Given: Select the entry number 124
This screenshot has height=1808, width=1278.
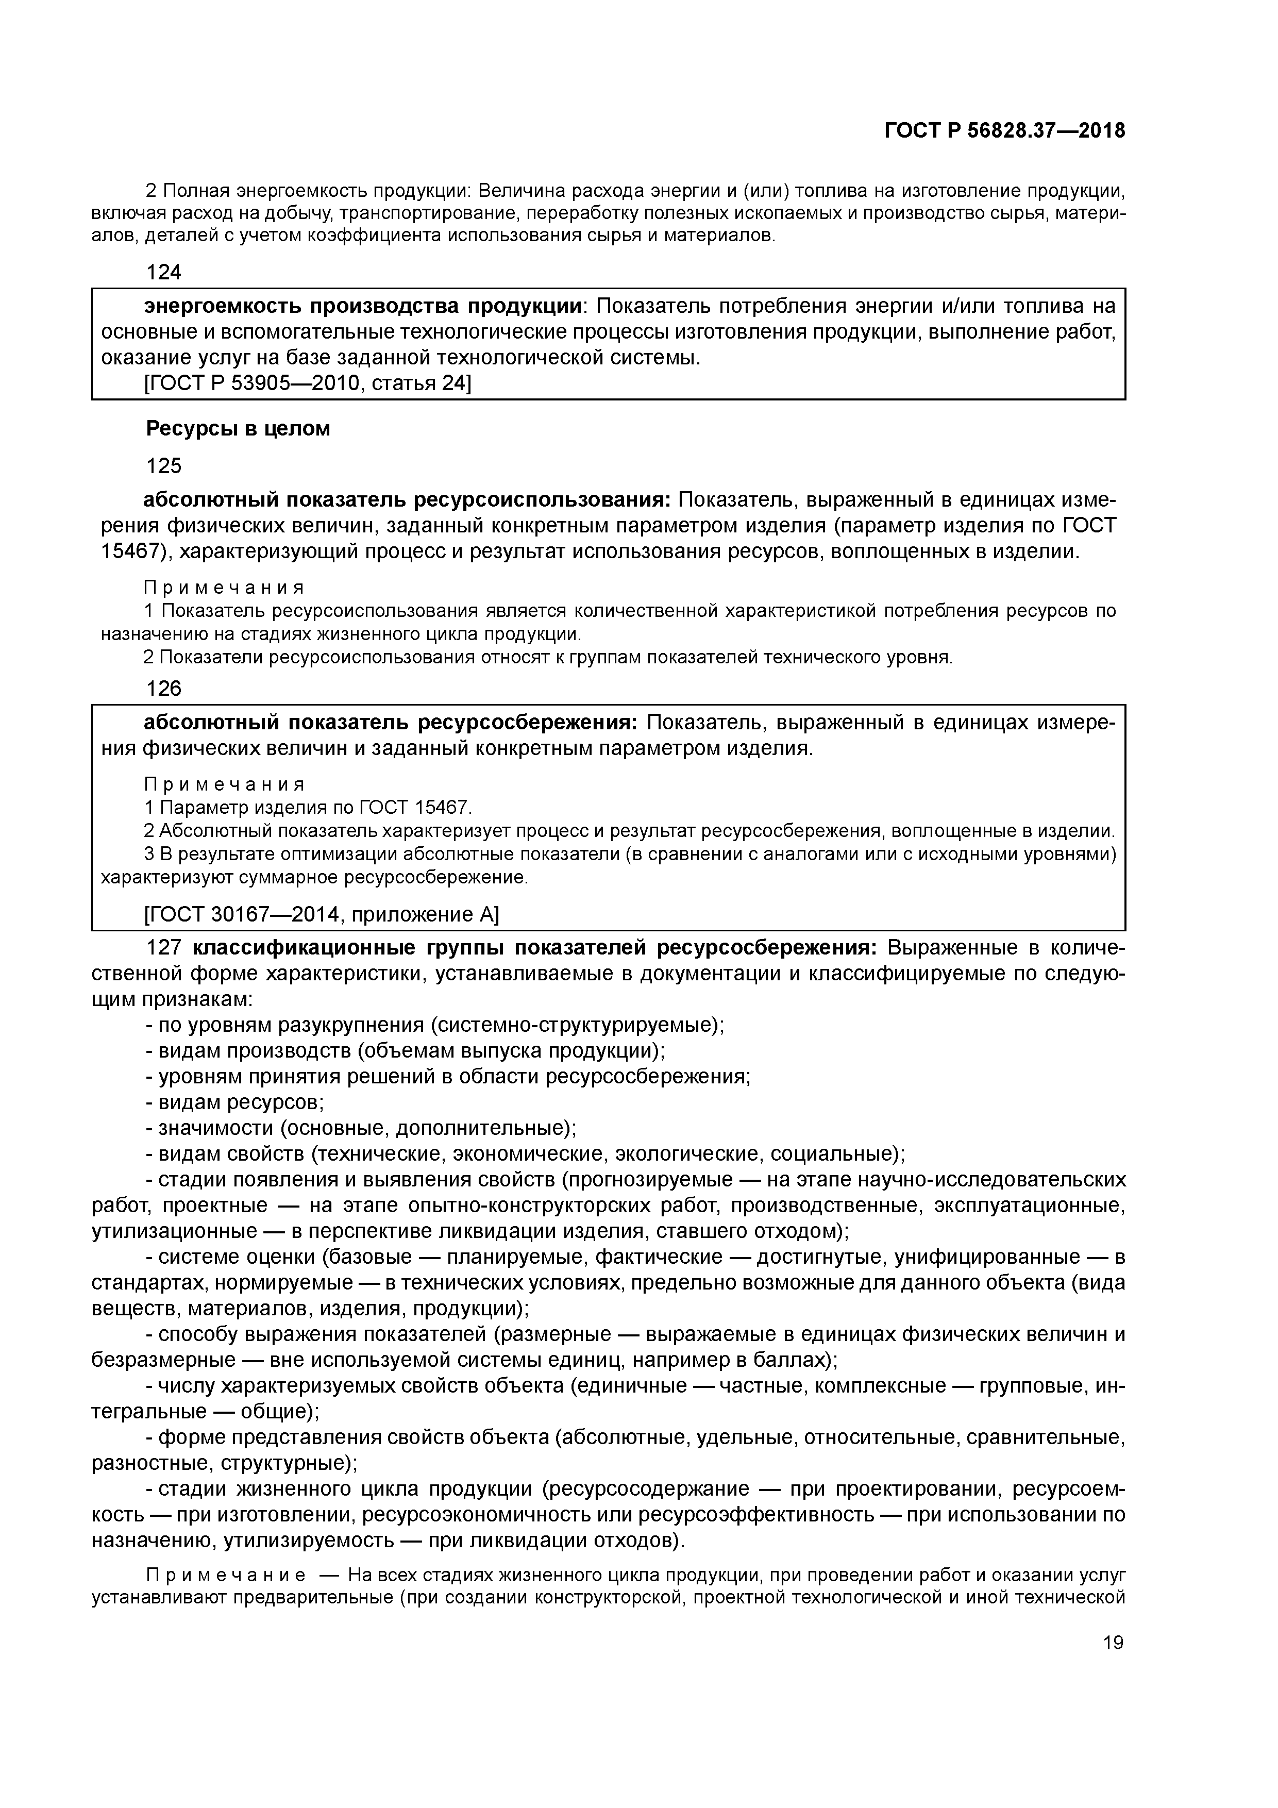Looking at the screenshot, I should pos(164,273).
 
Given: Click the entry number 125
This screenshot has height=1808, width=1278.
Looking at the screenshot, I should pos(164,466).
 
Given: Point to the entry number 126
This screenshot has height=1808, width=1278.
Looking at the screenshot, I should pos(164,689).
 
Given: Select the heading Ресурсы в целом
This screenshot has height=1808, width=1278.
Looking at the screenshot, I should pos(238,429).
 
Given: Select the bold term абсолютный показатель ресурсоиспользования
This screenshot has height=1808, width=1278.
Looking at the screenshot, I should pos(406,500).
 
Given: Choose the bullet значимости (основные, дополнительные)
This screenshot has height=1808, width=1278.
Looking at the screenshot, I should pos(366,1128).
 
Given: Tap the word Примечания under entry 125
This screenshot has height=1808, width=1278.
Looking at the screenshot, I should pos(224,588).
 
